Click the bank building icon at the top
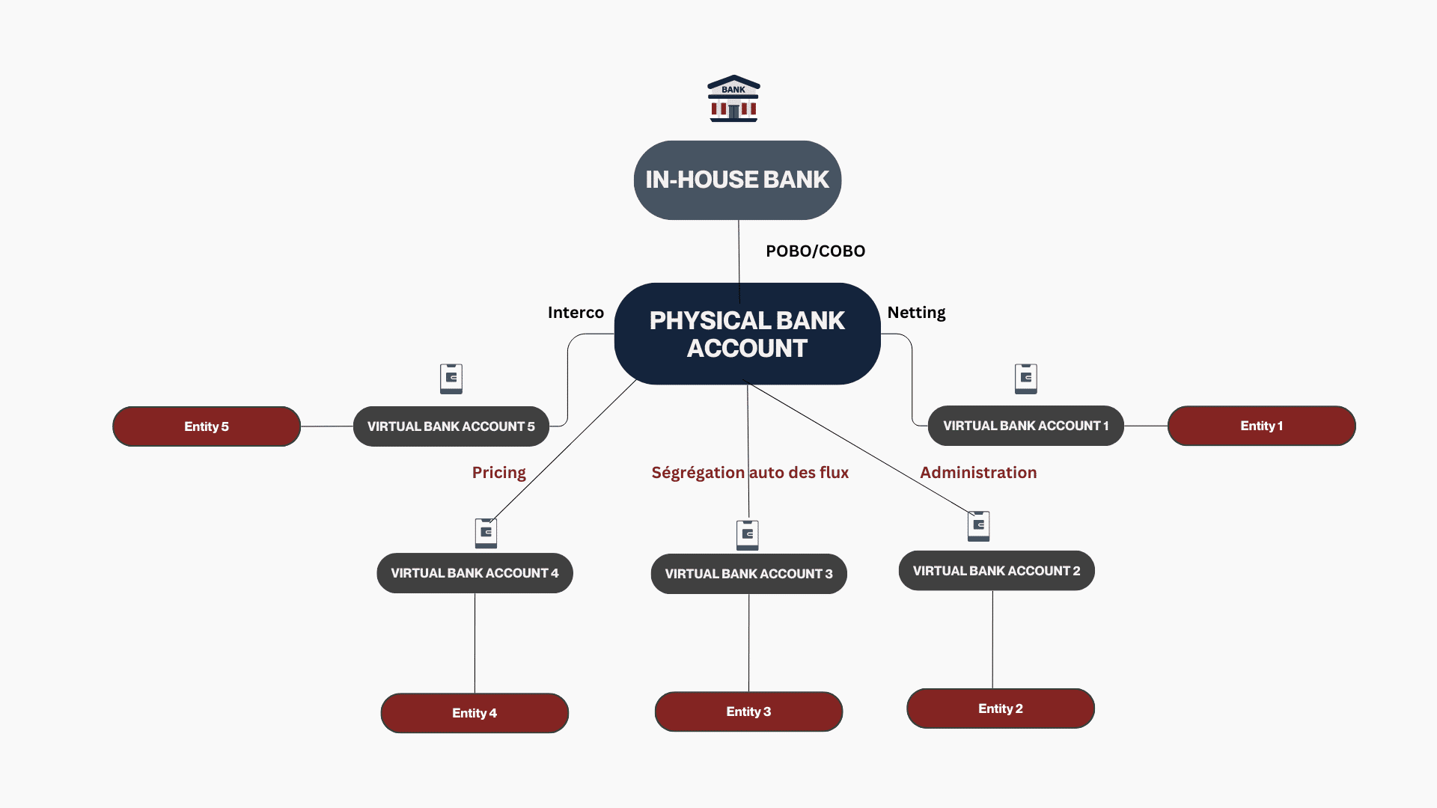733,99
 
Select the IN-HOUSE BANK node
737,180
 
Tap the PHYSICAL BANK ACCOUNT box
747,334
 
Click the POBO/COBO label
815,251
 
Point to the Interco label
576,313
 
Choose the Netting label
916,313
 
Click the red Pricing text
498,473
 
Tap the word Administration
977,473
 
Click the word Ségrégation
698,473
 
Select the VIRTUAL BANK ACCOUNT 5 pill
451,426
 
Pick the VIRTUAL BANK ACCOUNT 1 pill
1025,426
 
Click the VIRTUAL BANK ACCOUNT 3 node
748,574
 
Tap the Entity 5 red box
207,426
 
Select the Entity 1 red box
1261,426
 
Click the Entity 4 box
475,713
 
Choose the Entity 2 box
1000,708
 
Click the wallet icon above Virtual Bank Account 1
1025,379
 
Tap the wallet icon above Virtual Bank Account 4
486,533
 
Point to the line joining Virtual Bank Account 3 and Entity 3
748,643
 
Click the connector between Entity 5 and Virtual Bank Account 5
327,426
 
